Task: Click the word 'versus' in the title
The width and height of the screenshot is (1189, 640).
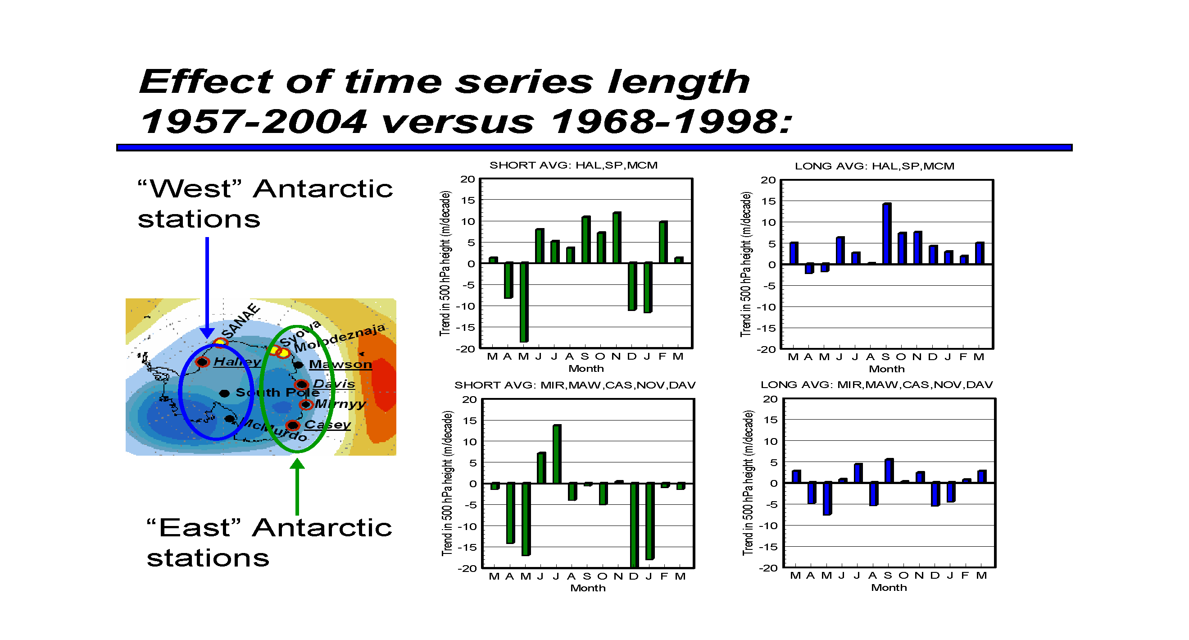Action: [x=458, y=122]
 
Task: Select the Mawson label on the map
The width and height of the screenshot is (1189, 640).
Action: [x=340, y=364]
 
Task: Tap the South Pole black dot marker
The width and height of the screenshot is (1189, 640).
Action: [x=224, y=393]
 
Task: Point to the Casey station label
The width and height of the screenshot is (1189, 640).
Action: [x=328, y=425]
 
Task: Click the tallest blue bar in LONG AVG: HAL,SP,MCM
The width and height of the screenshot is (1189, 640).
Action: [x=887, y=233]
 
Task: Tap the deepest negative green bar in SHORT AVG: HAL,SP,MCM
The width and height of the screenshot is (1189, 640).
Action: [x=524, y=302]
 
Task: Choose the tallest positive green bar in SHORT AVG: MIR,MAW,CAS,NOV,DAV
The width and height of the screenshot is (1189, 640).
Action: [x=557, y=454]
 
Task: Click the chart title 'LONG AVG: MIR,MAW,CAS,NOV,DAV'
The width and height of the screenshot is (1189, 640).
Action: [x=876, y=384]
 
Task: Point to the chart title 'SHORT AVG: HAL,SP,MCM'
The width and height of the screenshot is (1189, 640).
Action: [x=573, y=165]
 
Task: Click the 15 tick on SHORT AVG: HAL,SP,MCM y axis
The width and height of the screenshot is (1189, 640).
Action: [x=467, y=201]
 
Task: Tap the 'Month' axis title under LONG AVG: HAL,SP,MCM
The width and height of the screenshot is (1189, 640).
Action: [x=887, y=369]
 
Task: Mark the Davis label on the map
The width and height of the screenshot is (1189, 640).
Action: [x=334, y=384]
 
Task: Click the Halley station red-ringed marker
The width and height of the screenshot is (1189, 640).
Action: [x=202, y=362]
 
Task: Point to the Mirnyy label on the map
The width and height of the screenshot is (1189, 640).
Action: [x=340, y=404]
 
